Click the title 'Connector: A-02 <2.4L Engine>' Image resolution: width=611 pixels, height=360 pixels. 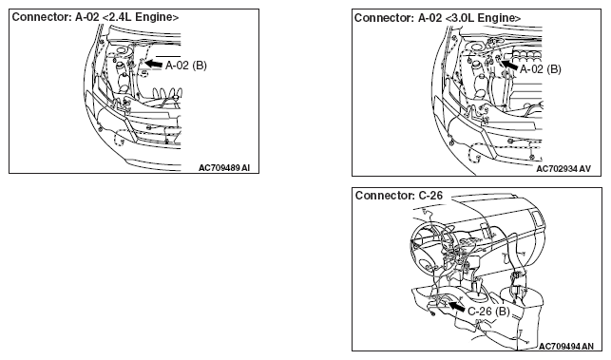click(x=95, y=17)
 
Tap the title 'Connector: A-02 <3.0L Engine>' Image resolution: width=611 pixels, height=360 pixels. click(x=438, y=18)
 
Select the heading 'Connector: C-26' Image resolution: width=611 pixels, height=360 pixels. click(x=399, y=196)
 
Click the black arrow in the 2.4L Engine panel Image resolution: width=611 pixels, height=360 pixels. click(x=153, y=63)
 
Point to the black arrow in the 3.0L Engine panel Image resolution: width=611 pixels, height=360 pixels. click(x=509, y=65)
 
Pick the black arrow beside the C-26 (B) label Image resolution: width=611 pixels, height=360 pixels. click(x=456, y=306)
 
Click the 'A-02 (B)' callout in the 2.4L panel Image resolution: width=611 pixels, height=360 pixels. click(x=186, y=66)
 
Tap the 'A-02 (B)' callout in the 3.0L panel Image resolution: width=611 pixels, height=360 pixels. click(x=541, y=69)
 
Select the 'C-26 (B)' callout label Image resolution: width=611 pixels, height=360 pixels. click(x=488, y=312)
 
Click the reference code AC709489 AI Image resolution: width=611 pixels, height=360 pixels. click(x=224, y=168)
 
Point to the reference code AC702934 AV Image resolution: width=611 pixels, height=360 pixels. click(x=563, y=169)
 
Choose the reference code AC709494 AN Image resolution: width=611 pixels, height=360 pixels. click(x=566, y=347)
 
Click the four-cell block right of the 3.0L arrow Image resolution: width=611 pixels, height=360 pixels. click(x=527, y=54)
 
